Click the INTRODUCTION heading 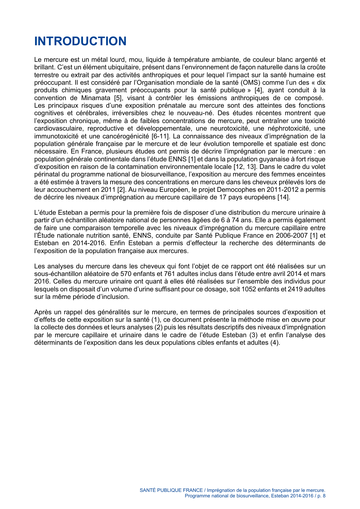click(x=80, y=41)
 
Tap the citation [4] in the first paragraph click(x=258, y=90)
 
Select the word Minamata click(x=96, y=98)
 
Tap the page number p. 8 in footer click(x=321, y=496)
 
